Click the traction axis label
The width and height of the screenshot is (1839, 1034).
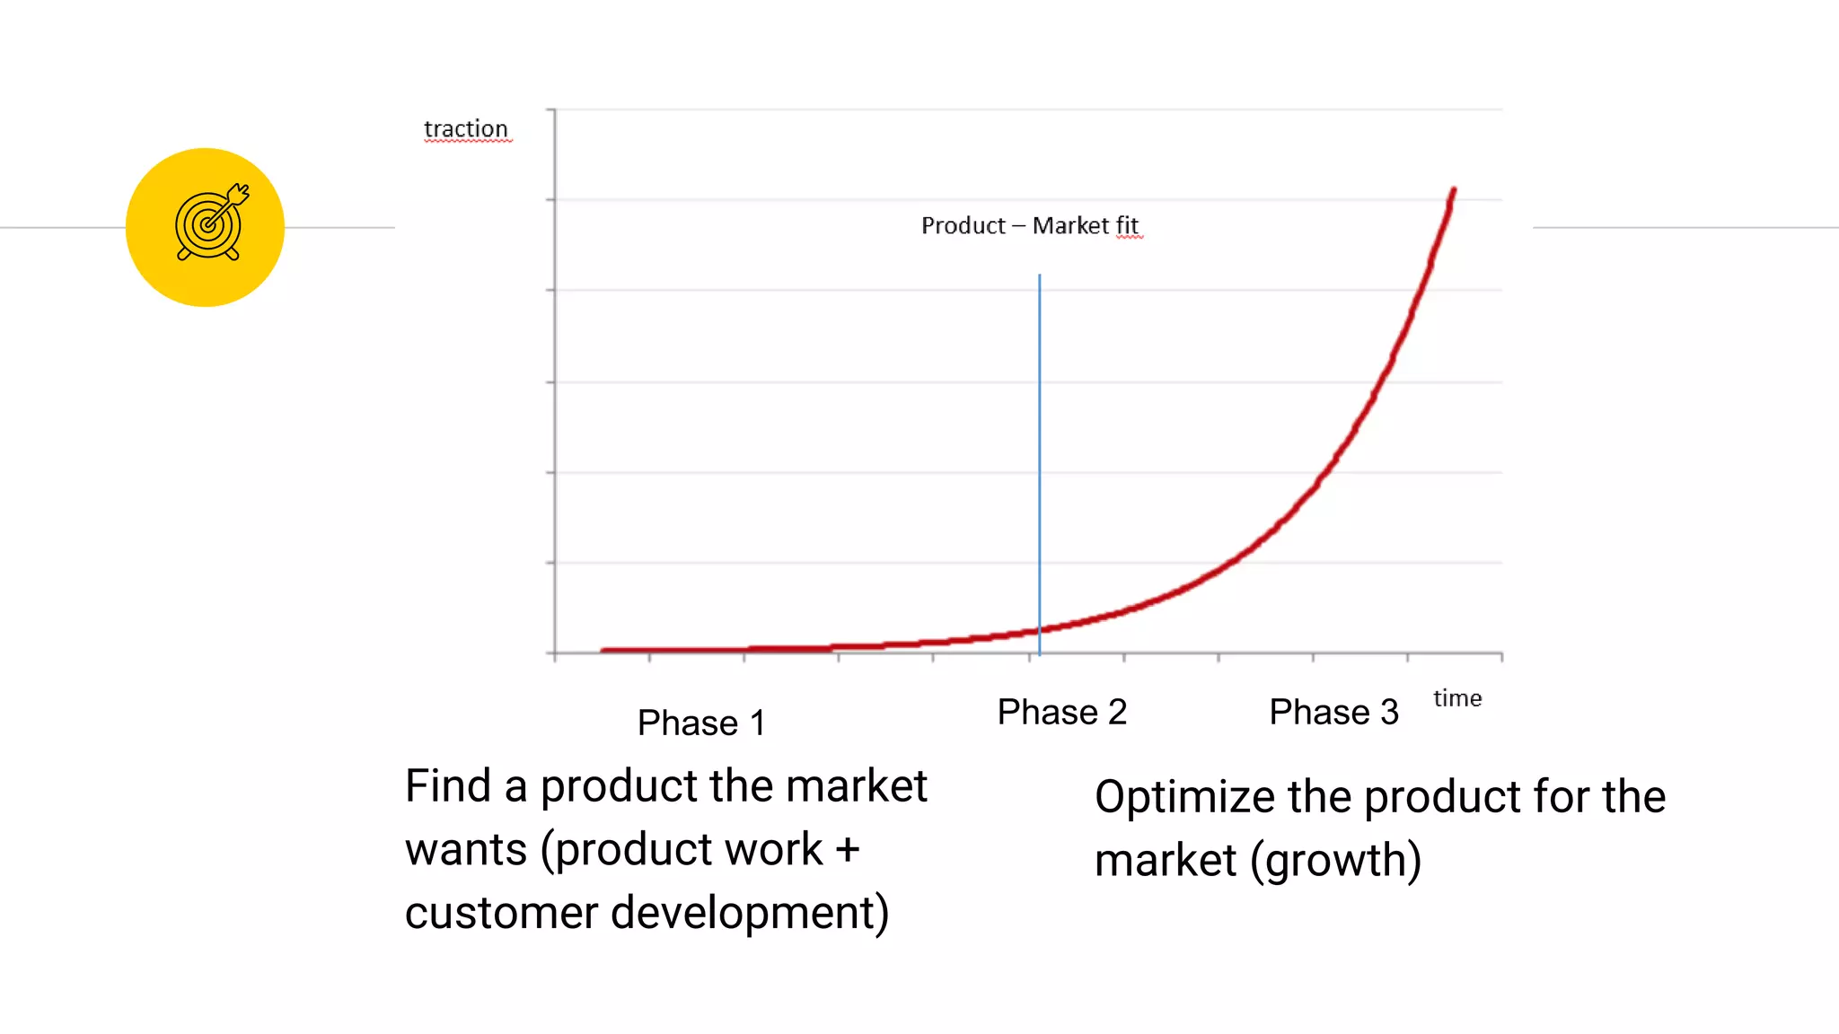(465, 129)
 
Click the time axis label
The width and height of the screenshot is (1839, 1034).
(1456, 698)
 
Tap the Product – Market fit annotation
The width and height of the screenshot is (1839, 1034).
(1029, 225)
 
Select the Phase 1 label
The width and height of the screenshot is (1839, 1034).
(700, 723)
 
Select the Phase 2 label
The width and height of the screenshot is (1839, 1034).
(1061, 712)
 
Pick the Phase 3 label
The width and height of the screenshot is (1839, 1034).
(1333, 712)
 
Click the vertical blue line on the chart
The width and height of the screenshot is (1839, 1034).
(1040, 449)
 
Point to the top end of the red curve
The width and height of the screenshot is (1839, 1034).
(1453, 191)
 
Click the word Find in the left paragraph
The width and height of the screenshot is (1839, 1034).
(447, 786)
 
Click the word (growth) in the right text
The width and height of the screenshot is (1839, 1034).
(1335, 861)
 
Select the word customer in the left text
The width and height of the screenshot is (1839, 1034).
(500, 913)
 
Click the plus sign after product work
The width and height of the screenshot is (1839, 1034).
(847, 850)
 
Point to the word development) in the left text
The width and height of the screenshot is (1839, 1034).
(750, 913)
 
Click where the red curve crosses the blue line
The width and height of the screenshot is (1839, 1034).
(1040, 628)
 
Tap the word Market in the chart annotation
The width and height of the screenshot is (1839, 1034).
(1069, 225)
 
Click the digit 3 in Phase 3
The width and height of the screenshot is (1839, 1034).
(1389, 712)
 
